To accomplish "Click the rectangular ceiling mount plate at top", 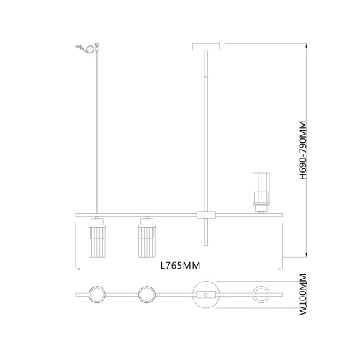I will point(206,47).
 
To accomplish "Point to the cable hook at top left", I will point(86,49).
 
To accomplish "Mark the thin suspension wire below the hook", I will point(96,130).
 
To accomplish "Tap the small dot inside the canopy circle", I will point(207,294).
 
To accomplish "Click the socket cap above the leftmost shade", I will point(96,220).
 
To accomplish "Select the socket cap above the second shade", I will point(146,220).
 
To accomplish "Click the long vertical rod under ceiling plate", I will point(207,130).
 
